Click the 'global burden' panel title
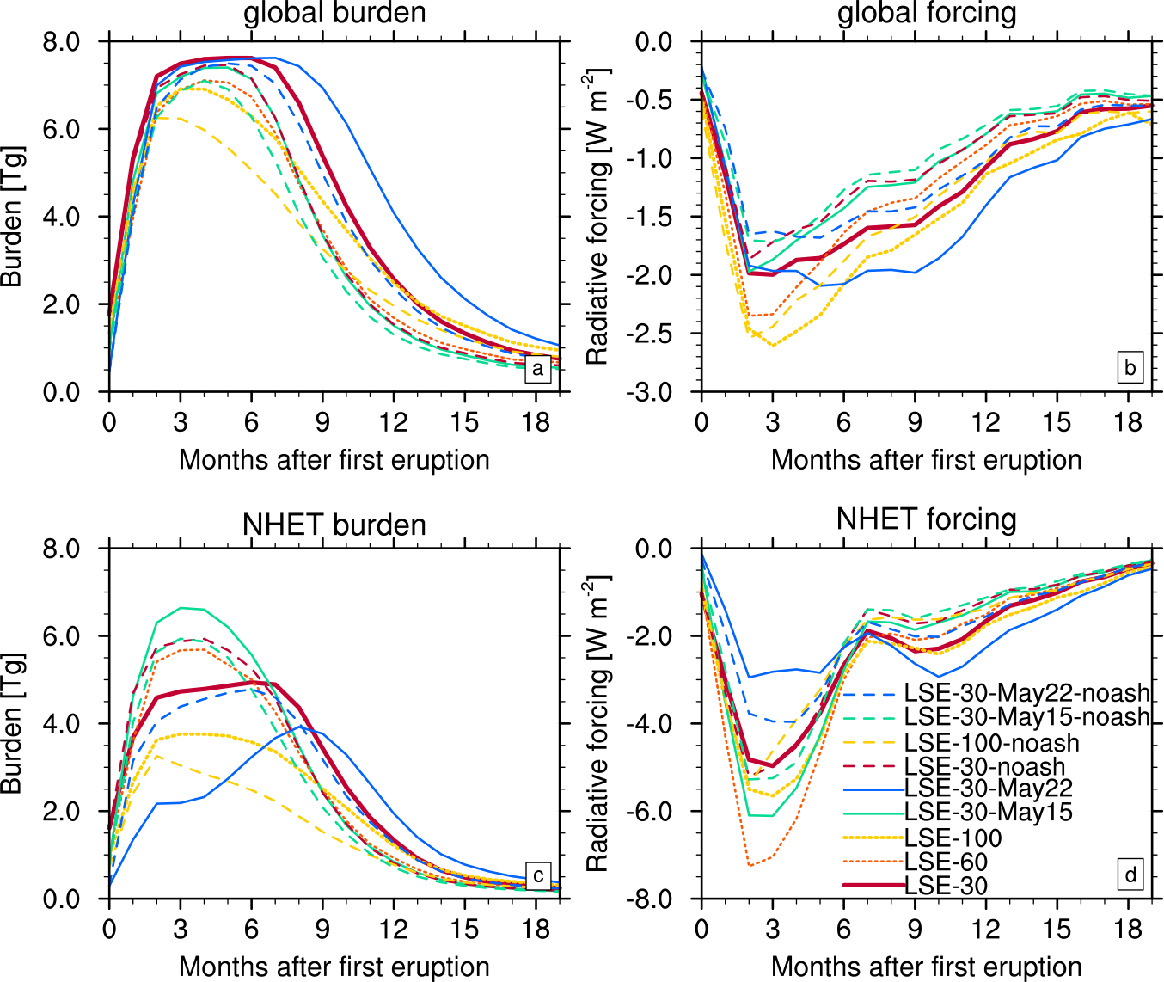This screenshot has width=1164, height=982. (x=334, y=13)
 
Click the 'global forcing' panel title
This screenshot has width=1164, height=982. (x=927, y=13)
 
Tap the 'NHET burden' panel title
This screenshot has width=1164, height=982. (x=334, y=525)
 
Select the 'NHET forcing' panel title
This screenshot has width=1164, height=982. (x=927, y=519)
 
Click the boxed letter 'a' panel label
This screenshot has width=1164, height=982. (x=537, y=369)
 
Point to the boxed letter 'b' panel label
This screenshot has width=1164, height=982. (x=1130, y=369)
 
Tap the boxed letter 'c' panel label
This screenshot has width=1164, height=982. (x=537, y=875)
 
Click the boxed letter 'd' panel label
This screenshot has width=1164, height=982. (x=1130, y=875)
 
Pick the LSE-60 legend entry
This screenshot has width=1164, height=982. (x=947, y=862)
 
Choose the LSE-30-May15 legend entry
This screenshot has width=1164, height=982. (x=989, y=812)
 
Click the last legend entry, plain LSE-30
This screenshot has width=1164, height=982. (x=947, y=886)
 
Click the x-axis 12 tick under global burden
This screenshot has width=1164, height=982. (x=394, y=422)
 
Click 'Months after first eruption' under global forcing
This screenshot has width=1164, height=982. (x=927, y=459)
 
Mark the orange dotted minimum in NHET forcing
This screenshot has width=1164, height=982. (x=750, y=865)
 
